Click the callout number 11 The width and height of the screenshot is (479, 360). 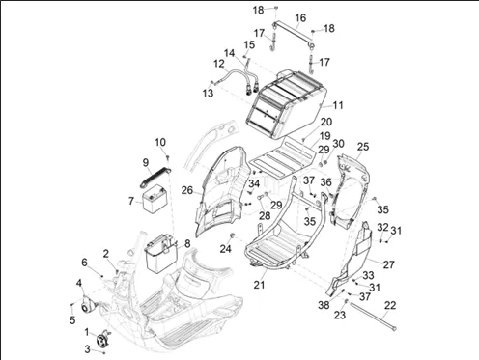338,105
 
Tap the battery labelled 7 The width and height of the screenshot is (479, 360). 155,200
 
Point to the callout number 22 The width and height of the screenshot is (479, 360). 390,305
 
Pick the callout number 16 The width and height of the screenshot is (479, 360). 300,18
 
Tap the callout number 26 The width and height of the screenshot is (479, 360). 187,190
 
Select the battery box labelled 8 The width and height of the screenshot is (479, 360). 161,254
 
